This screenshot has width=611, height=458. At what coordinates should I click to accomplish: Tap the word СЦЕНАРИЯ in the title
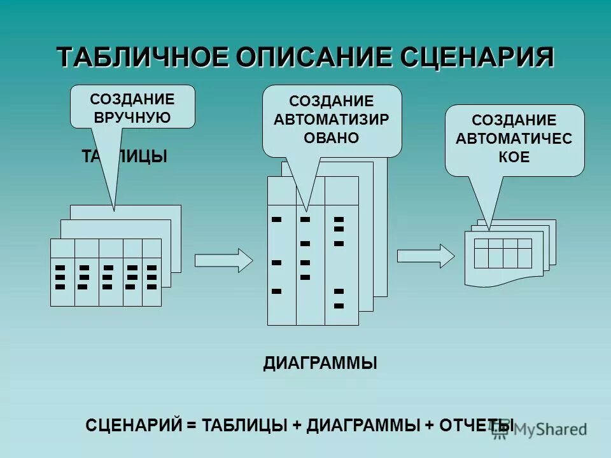tap(477, 57)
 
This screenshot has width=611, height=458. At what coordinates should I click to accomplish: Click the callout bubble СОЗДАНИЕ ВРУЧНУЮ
tap(132, 107)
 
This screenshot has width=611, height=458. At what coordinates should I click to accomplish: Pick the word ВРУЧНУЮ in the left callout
tap(132, 117)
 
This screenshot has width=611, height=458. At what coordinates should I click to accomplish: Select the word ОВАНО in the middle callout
tap(332, 137)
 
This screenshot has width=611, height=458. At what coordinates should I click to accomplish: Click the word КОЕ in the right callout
tap(514, 157)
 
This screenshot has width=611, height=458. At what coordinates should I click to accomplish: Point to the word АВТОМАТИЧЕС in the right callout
tap(514, 139)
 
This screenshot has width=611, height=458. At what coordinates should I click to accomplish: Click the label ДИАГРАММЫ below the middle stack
tap(320, 364)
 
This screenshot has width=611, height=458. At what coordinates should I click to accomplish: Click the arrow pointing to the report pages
tap(426, 256)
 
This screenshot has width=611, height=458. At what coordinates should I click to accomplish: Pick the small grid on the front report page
tap(503, 253)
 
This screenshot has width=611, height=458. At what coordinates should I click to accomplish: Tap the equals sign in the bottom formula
tap(192, 425)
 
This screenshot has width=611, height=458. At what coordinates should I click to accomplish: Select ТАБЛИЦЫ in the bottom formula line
tap(244, 425)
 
